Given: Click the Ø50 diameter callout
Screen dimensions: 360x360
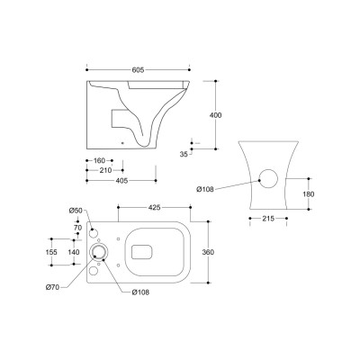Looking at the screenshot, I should point(76,211).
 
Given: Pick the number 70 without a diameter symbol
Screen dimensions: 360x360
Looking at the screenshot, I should point(77,229).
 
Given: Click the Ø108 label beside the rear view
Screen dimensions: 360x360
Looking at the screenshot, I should point(206,188).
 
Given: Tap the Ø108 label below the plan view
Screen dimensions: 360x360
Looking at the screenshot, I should point(141,291).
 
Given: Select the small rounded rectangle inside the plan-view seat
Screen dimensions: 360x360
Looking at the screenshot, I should point(142,252).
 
